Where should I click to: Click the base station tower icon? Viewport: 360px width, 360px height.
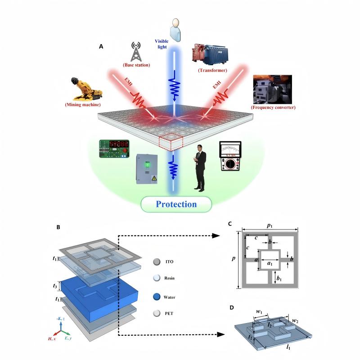pos(135,51)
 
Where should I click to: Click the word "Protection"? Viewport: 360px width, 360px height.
pos(176,204)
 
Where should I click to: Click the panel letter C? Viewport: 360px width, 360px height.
pos(230,224)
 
